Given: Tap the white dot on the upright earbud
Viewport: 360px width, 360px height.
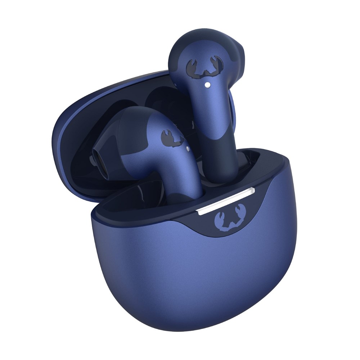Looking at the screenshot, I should pos(208,85).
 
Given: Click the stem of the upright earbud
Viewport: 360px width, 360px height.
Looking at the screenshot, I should pos(216,119).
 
